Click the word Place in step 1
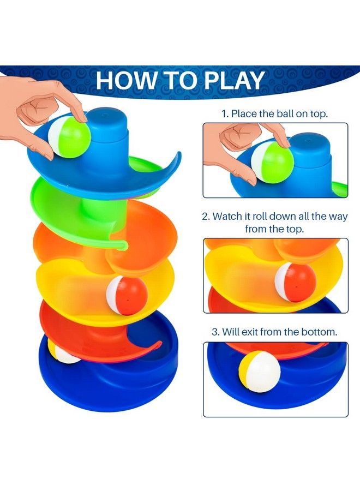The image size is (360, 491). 244,114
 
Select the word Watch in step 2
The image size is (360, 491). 227,216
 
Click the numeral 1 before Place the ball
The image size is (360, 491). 224,114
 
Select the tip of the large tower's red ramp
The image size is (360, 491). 159,344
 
